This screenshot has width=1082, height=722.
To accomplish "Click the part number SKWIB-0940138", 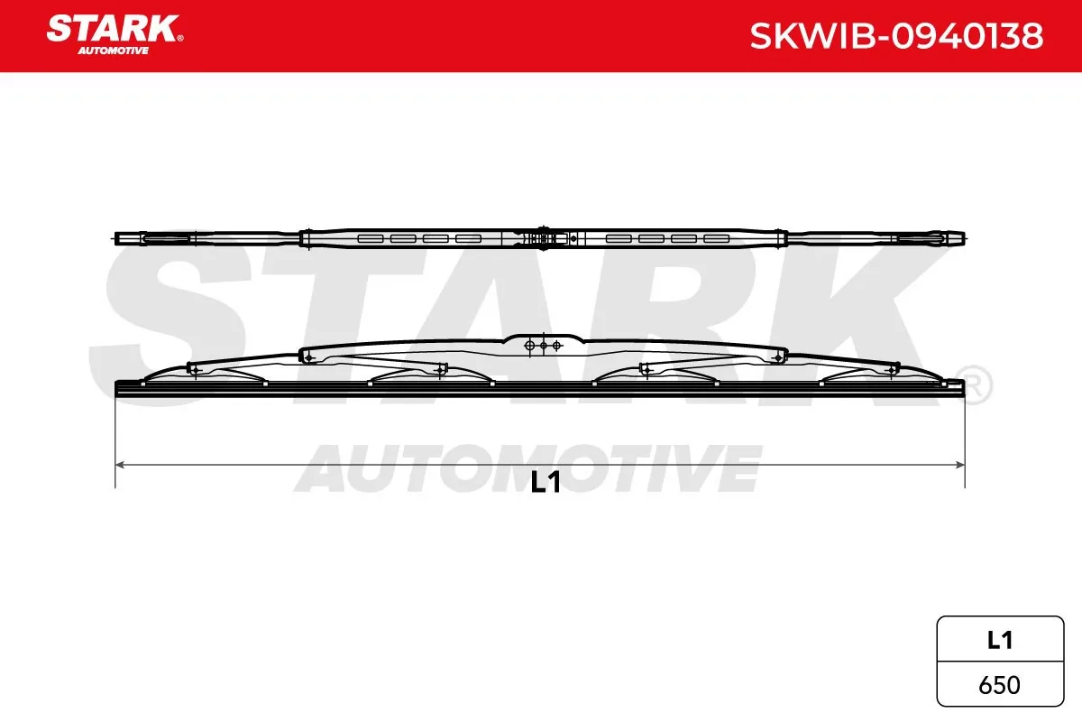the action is [x=896, y=36].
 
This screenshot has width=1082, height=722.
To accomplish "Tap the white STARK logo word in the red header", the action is [x=113, y=29].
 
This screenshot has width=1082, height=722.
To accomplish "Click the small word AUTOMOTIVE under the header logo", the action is [x=113, y=51].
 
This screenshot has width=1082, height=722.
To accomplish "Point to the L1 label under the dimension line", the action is [x=546, y=482].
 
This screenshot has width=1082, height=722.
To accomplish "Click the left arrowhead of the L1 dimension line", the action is [x=120, y=465].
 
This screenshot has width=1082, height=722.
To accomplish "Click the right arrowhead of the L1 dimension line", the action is [x=959, y=465].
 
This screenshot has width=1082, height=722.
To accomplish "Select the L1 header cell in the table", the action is [x=1000, y=640].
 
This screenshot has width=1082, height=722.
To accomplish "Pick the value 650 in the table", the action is [x=999, y=685].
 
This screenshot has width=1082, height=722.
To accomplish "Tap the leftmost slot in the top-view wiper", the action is [x=371, y=239].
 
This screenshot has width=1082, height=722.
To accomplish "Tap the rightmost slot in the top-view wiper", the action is [x=716, y=239].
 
